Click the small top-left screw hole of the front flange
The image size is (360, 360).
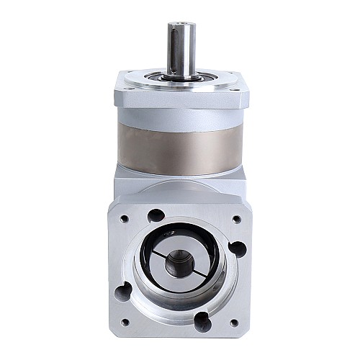tap(125, 218)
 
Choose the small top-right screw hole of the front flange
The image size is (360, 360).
tap(236, 218)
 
